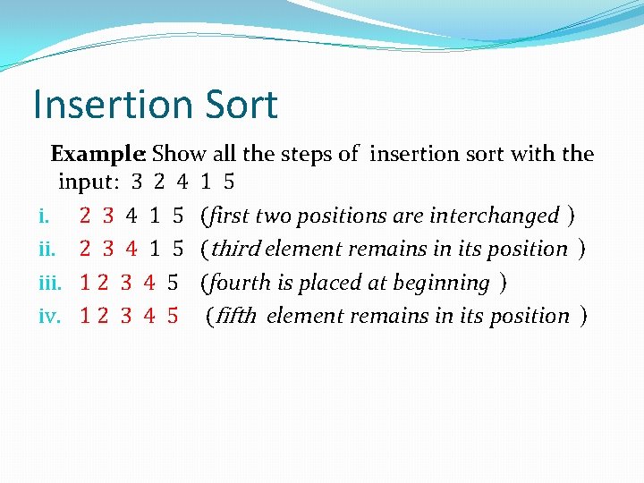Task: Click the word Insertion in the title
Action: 113,104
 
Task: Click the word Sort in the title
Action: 241,104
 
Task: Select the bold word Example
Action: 97,155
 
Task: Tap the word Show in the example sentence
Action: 179,154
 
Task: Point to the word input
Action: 89,182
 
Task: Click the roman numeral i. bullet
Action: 44,216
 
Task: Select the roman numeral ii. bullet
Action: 47,249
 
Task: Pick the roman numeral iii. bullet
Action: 50,283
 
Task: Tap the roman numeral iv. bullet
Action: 50,316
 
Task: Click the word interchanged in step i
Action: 495,216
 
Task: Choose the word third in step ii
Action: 236,249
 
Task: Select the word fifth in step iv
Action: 236,317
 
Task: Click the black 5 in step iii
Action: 173,283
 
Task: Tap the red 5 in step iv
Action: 173,316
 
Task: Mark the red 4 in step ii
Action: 131,249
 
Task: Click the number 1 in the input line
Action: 206,181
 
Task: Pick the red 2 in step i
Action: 85,216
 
